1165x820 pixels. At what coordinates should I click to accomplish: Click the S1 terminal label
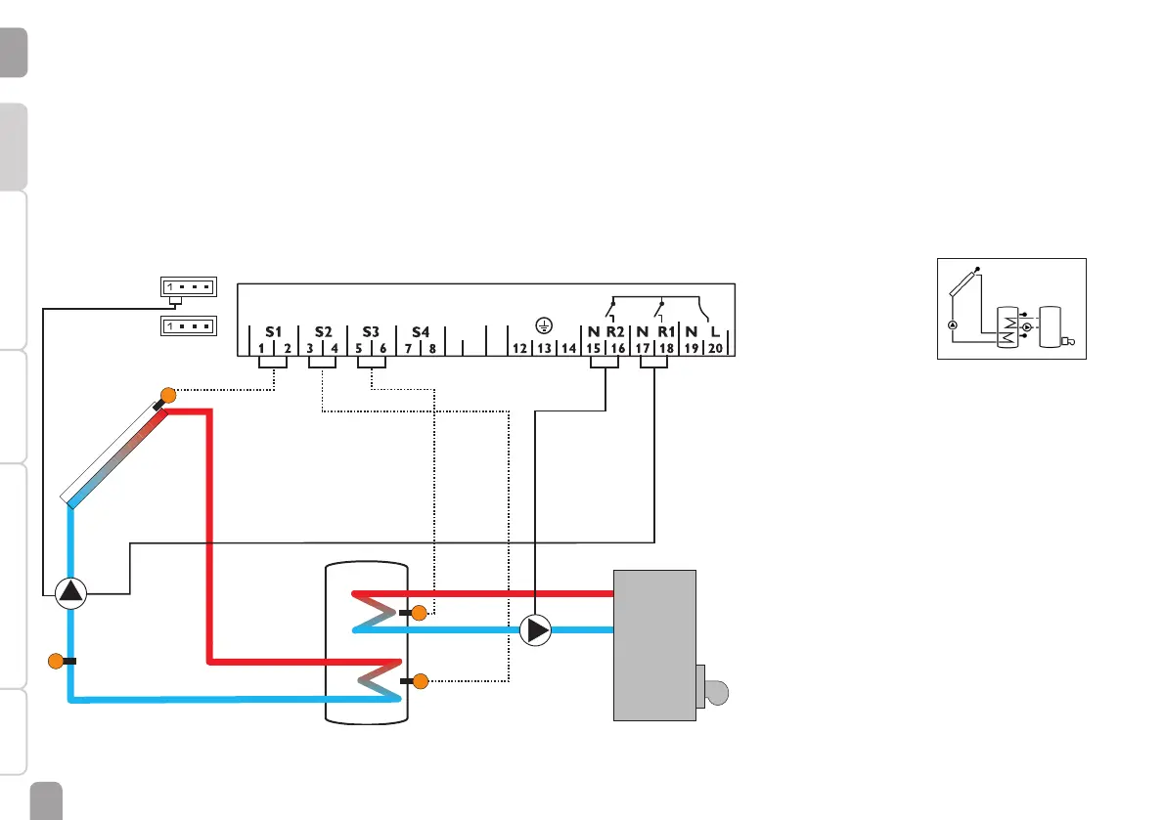tap(273, 331)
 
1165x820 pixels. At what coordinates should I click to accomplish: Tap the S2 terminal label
tap(323, 331)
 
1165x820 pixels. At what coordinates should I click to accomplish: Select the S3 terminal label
tap(371, 331)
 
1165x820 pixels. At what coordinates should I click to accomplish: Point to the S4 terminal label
tap(421, 331)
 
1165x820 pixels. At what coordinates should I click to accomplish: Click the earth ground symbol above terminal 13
tap(545, 326)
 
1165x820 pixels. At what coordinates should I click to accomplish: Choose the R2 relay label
tap(614, 331)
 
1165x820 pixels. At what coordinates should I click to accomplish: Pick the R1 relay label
tap(666, 331)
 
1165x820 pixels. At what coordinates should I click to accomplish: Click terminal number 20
tap(715, 348)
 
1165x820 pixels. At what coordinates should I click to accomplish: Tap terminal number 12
tap(520, 348)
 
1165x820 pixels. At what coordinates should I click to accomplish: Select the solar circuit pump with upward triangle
tap(70, 591)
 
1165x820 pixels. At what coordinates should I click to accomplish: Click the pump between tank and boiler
tap(536, 630)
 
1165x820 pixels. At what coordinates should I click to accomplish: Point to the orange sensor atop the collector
tap(167, 396)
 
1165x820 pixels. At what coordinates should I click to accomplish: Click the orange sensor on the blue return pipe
tap(56, 661)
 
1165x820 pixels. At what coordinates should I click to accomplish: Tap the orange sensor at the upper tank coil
tap(419, 614)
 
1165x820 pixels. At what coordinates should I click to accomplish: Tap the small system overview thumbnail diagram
tap(1011, 309)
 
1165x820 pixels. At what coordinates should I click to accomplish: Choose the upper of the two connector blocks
tap(188, 286)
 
